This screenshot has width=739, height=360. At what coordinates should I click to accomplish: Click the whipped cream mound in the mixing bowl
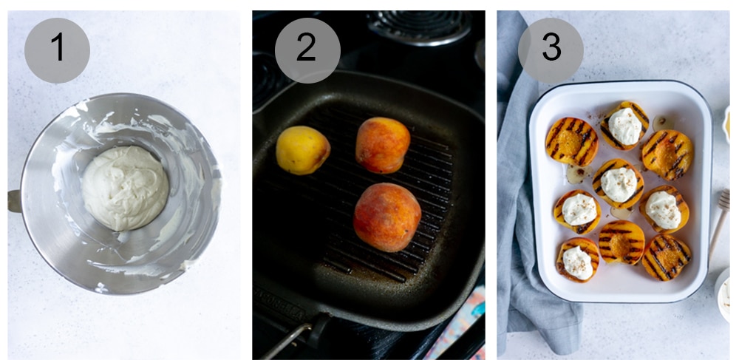click(x=125, y=187)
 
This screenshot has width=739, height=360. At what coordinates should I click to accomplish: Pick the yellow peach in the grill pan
click(x=302, y=149)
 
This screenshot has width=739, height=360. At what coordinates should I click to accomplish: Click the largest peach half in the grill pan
click(x=386, y=217)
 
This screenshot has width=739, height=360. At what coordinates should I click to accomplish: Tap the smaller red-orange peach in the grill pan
click(x=382, y=145)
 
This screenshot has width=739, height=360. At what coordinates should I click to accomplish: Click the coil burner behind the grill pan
click(x=418, y=27)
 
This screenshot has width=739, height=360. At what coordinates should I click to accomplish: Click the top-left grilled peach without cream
click(x=571, y=140)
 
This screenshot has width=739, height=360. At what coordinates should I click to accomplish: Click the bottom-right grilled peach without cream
click(x=667, y=257)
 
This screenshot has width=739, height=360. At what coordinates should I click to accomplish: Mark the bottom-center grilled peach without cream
click(x=621, y=242)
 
